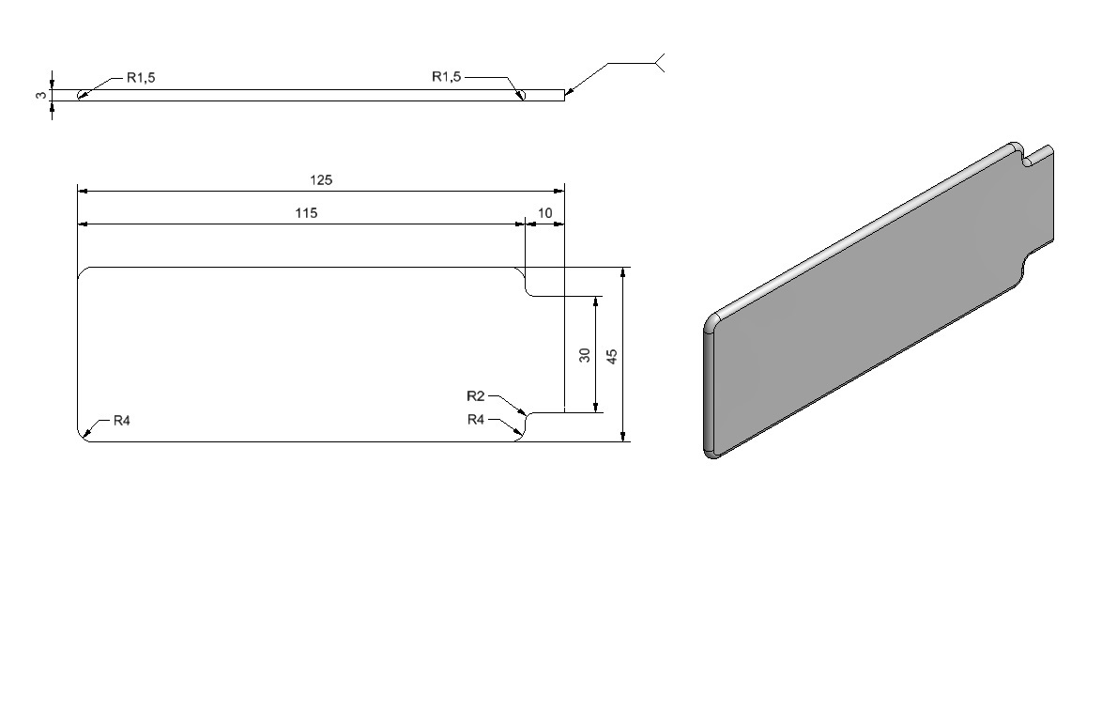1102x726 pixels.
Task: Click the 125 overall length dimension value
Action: [x=321, y=180]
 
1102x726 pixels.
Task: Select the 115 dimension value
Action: [x=306, y=213]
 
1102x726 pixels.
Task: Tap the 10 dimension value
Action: [x=544, y=213]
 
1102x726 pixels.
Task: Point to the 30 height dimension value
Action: [x=585, y=355]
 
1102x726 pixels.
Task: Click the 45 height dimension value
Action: [x=612, y=356]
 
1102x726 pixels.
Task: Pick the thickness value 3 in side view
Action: [x=42, y=95]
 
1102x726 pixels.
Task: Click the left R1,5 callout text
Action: [x=141, y=77]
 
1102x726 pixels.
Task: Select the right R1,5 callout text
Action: [x=446, y=77]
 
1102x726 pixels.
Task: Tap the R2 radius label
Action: [x=476, y=396]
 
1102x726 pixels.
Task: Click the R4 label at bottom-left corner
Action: [x=122, y=421]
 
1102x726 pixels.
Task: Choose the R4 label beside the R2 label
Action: [x=476, y=420]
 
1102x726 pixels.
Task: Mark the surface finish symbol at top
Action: [x=636, y=63]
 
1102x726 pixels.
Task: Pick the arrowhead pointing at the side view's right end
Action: [x=570, y=90]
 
